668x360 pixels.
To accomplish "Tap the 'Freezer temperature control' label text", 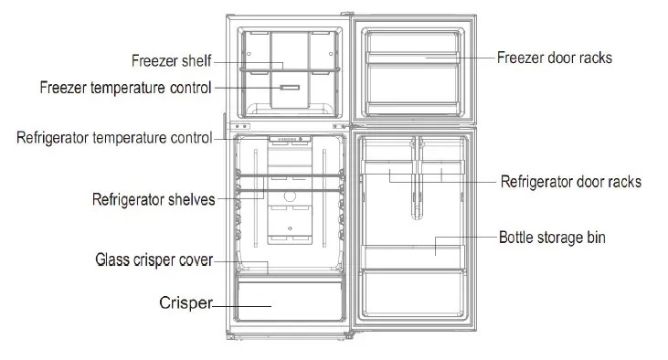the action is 126,88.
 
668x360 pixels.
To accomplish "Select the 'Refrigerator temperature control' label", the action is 114,138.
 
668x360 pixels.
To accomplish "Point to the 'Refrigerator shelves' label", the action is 154,198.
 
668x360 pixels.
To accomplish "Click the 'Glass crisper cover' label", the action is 154,260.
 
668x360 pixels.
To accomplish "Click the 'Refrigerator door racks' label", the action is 570,181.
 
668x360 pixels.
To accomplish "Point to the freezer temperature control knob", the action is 289,89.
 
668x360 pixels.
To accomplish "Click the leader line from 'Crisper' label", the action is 241,305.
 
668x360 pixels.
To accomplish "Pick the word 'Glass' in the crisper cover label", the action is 113,260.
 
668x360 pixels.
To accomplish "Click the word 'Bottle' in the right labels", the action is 516,238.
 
